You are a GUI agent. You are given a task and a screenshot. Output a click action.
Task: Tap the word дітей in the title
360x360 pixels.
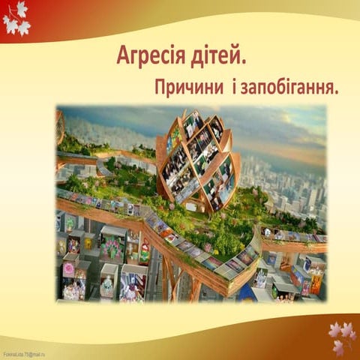[217, 56]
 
